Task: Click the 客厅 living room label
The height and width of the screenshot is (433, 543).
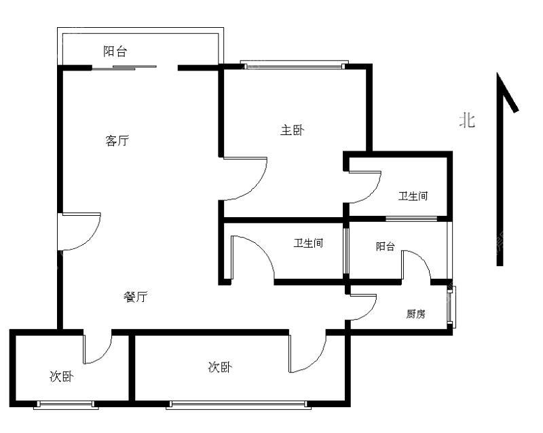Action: click(117, 140)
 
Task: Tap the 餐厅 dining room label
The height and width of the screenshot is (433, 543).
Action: click(135, 297)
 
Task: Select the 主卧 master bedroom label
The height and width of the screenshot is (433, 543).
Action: click(293, 130)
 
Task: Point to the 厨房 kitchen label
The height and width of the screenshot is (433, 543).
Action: click(415, 314)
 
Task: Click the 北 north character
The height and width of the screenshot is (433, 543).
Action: click(467, 121)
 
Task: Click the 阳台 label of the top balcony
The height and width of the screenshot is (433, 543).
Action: click(115, 52)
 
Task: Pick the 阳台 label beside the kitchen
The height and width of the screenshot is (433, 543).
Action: click(385, 246)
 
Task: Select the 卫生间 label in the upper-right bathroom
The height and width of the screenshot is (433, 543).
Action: click(413, 196)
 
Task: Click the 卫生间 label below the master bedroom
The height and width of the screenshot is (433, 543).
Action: click(308, 243)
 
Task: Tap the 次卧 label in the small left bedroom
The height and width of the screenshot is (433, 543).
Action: click(61, 376)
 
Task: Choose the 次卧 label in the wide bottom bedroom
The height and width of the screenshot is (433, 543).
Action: click(220, 367)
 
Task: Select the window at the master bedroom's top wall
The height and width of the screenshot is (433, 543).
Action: click(295, 64)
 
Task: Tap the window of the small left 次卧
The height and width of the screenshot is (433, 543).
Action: click(66, 404)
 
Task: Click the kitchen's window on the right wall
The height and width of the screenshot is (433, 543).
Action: click(451, 307)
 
